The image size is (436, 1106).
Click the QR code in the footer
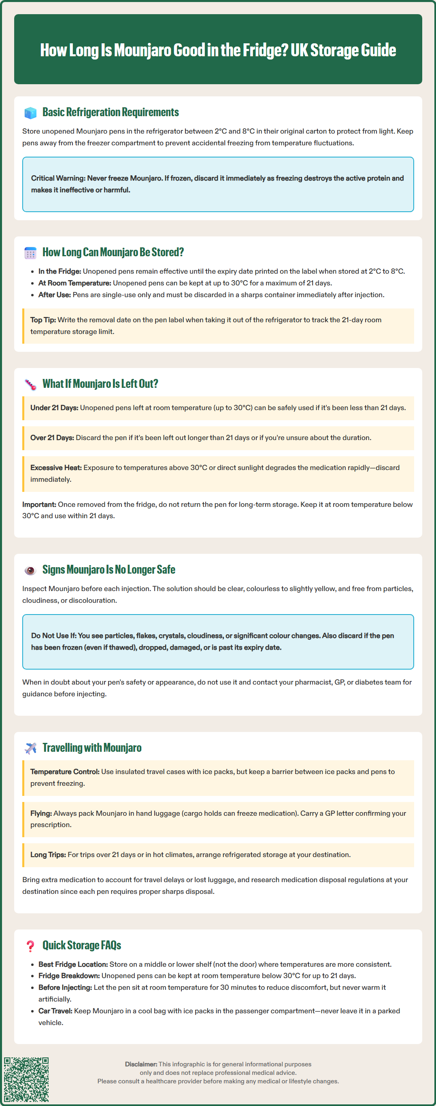26,1079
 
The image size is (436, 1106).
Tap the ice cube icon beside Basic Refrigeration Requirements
30,113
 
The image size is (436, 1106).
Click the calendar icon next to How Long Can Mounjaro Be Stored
30,253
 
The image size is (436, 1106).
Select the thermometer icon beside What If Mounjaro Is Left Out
30,384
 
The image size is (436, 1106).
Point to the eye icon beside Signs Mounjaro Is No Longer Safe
30,570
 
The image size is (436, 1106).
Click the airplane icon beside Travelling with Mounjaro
30,749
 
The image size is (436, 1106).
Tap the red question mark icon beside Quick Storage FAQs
30,946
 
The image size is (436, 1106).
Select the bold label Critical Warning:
58,178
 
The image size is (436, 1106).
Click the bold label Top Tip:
43,320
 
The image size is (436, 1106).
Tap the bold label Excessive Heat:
56,468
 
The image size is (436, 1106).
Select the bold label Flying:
41,813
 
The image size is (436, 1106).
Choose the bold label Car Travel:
55,1011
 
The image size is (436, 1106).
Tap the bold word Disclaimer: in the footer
141,1064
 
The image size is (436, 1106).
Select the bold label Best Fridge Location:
73,964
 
